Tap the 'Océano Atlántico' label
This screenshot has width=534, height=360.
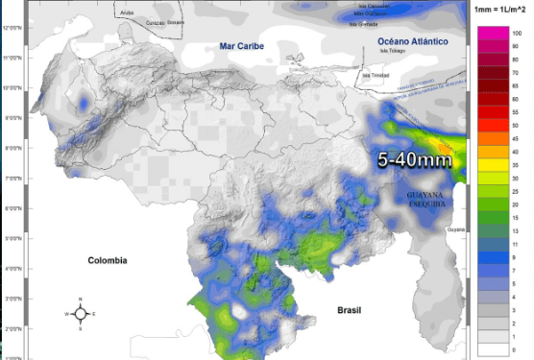412,42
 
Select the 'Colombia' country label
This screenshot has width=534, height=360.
108,260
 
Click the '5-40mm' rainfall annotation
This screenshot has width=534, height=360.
414,160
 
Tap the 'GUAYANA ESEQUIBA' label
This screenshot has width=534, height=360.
418,200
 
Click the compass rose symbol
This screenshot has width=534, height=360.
82,312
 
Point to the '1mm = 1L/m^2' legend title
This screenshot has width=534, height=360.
500,9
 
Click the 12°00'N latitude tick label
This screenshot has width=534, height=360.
12,28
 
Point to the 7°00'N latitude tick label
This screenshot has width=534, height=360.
12,179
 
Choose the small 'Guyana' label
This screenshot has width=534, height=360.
456,230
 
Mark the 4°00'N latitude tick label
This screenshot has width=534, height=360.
12,269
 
